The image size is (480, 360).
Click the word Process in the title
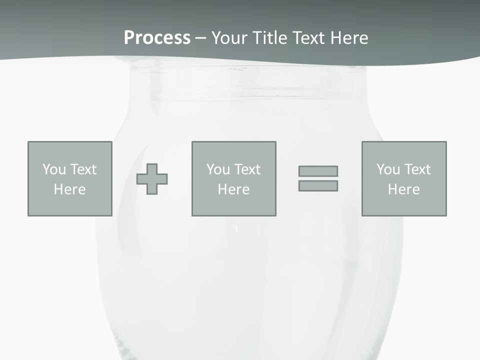[x=157, y=38]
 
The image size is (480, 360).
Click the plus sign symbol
[x=152, y=178]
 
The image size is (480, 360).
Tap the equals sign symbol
[x=318, y=178]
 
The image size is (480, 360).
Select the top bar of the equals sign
[x=318, y=171]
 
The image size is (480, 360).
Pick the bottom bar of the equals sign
[x=318, y=185]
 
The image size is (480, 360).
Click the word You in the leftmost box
[x=54, y=169]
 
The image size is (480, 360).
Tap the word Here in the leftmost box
[x=69, y=189]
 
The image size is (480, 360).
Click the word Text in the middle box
[x=247, y=169]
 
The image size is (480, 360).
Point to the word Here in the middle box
[x=233, y=189]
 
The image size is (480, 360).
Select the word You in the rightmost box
[x=388, y=169]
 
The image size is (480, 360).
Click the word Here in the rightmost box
[x=403, y=189]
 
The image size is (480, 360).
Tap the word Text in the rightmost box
[x=417, y=169]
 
